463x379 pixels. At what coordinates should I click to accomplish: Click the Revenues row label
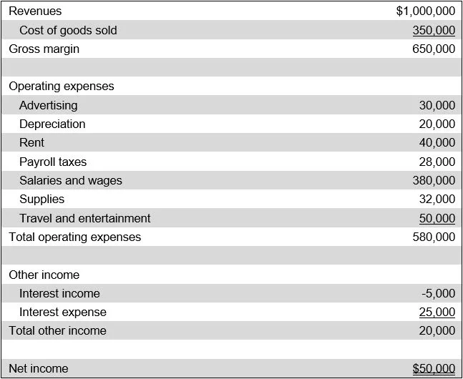[x=35, y=11]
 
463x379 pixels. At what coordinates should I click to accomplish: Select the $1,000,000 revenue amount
[x=425, y=11]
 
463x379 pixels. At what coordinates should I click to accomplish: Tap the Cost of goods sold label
[x=68, y=30]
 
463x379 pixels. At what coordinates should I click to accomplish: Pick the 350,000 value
[x=434, y=30]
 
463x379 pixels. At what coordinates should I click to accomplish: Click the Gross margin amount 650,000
[x=434, y=49]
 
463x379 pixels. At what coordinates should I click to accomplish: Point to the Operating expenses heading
[x=62, y=87]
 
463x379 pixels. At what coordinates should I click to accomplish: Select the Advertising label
[x=49, y=105]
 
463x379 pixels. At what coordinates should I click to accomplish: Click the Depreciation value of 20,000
[x=437, y=124]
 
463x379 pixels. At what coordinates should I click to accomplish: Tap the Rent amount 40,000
[x=437, y=143]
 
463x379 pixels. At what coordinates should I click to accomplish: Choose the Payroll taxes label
[x=53, y=162]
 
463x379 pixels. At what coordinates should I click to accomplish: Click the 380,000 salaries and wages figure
[x=434, y=180]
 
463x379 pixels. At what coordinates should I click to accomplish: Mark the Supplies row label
[x=42, y=200]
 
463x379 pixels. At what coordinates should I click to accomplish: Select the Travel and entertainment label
[x=85, y=218]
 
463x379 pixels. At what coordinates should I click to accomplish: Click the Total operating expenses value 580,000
[x=434, y=237]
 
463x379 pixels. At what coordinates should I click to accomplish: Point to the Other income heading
[x=44, y=275]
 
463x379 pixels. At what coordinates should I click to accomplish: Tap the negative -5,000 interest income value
[x=439, y=293]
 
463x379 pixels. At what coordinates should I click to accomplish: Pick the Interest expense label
[x=63, y=312]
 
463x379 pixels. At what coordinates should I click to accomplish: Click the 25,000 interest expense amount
[x=437, y=312]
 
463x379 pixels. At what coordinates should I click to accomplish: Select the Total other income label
[x=57, y=330]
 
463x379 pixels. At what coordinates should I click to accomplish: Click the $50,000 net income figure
[x=434, y=369]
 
